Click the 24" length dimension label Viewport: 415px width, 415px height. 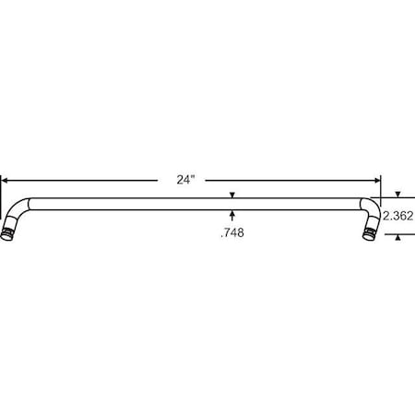tap(185, 181)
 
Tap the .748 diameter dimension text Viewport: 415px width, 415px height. tap(232, 233)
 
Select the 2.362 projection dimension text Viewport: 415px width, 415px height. tap(397, 216)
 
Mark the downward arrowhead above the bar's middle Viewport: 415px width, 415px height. tap(232, 195)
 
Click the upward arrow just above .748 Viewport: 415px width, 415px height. tap(232, 216)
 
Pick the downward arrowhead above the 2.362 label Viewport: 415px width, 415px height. tap(397, 196)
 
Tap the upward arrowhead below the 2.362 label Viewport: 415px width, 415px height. tap(397, 237)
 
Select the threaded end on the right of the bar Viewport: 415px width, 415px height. tap(369, 230)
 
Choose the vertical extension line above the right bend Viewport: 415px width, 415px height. tap(381, 189)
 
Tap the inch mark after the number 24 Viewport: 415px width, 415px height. tap(194, 177)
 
